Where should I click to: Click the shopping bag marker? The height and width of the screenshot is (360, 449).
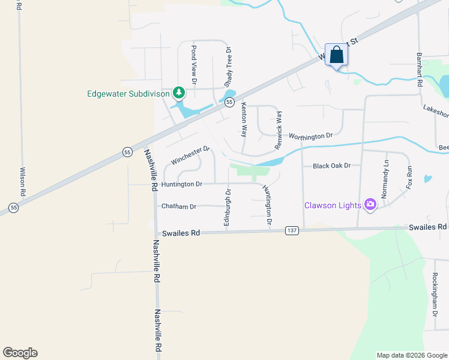pos(337,55)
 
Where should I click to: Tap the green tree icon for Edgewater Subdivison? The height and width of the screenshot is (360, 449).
pos(178,92)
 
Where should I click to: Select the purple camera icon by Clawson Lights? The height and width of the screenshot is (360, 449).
pos(370,205)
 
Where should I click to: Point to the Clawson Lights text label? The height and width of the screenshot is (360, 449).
pos(333,205)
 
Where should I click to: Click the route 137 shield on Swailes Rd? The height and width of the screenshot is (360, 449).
pos(292,230)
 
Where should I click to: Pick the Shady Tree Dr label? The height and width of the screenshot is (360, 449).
pos(228,67)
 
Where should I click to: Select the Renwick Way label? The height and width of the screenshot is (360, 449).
pos(278,130)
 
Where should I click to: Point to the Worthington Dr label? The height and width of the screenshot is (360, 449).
pos(310,136)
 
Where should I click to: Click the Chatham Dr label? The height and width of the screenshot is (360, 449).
pos(179,206)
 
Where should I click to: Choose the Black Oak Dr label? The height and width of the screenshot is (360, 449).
pos(331,166)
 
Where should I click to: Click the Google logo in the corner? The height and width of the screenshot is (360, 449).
pos(20,353)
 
